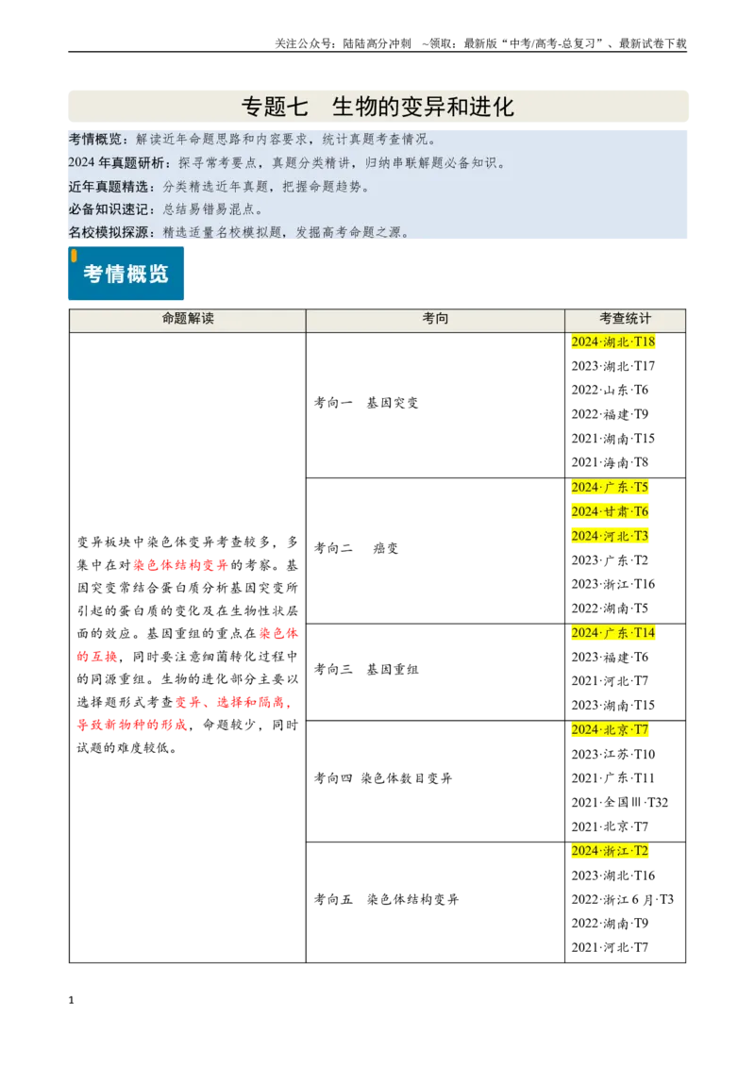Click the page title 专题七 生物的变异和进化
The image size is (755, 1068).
coord(377,107)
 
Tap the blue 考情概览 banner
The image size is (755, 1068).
coord(126,273)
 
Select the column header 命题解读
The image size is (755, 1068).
coord(188,318)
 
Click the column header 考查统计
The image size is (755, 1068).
coord(625,318)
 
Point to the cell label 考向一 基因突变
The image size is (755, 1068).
coord(366,403)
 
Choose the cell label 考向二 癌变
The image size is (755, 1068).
coord(357,548)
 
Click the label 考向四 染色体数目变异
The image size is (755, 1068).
coord(383,777)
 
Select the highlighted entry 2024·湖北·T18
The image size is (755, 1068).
coord(613,342)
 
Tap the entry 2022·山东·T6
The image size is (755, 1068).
coord(610,391)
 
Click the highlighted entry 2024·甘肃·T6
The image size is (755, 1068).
coord(610,511)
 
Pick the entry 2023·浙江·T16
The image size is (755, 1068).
coord(613,584)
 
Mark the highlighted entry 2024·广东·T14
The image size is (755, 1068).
coord(613,633)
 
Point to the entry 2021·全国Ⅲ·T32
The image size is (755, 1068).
coord(620,802)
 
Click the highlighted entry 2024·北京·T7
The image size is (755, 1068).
coord(610,729)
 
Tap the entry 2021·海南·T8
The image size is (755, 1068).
coord(610,462)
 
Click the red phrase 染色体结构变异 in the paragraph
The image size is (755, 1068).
coord(180,564)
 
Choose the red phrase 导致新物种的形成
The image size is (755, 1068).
coord(132,725)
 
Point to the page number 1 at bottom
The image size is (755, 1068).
coord(71,1000)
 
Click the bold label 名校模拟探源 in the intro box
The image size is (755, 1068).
coord(109,232)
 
